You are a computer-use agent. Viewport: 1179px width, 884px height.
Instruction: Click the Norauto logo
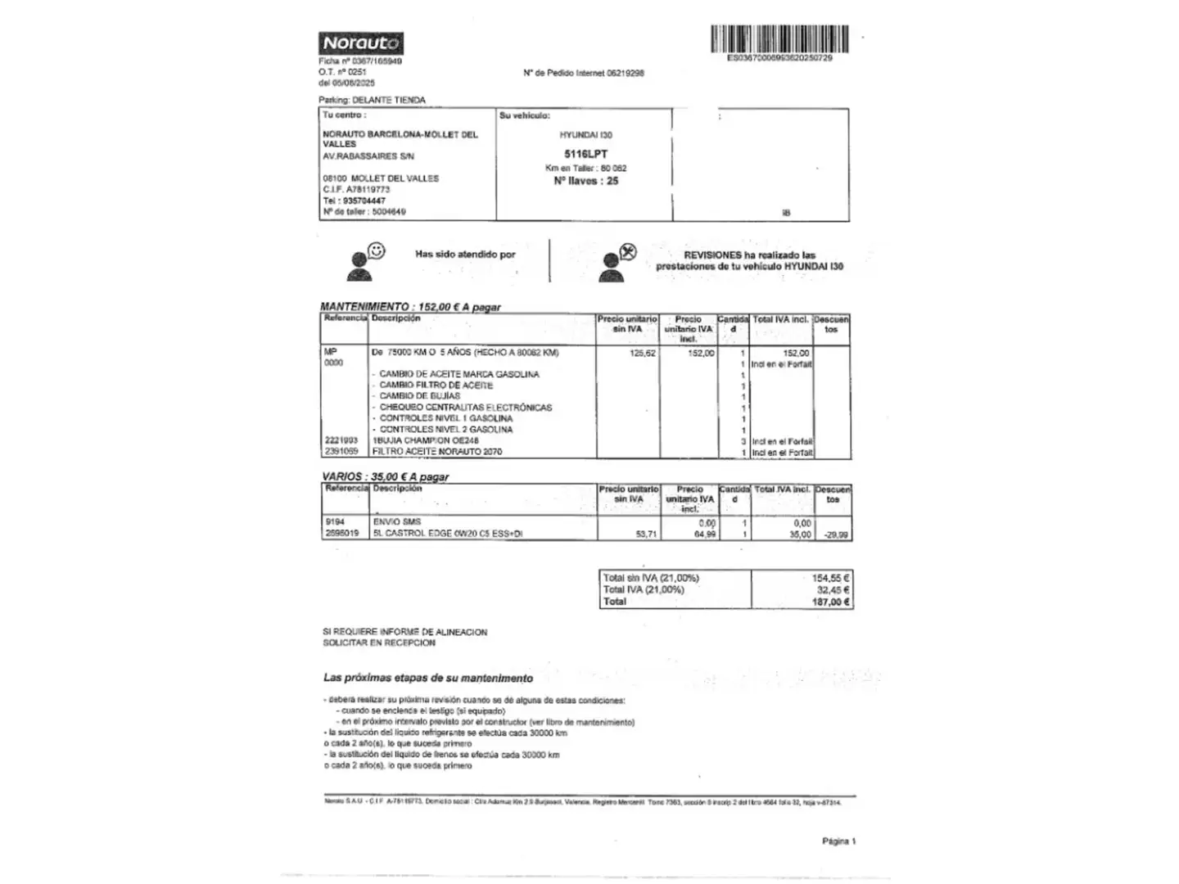[x=360, y=43]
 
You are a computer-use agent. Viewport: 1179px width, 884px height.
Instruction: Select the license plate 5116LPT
[x=585, y=154]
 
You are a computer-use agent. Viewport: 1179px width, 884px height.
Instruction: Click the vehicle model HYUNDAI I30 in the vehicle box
[x=585, y=135]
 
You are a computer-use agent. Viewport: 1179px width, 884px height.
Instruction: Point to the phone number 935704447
[x=364, y=201]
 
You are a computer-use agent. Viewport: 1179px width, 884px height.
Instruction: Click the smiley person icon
[x=366, y=260]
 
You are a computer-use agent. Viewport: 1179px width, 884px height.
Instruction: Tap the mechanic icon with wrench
[x=617, y=261]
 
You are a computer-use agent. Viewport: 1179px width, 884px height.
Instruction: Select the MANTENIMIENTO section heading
[x=410, y=307]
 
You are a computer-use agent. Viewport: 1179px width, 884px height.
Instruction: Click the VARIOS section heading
[x=385, y=476]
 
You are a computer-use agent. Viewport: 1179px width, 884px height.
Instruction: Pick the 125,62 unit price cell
[x=643, y=354]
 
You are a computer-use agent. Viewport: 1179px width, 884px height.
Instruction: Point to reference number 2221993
[x=341, y=440]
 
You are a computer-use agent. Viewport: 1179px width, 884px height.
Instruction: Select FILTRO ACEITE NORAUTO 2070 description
[x=437, y=452]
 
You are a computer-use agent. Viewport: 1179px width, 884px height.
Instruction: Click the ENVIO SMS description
[x=397, y=521]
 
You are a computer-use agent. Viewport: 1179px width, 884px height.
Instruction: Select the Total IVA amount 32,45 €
[x=833, y=589]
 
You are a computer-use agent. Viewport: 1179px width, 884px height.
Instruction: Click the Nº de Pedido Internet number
[x=626, y=73]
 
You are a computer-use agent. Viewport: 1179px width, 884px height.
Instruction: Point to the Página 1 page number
[x=839, y=841]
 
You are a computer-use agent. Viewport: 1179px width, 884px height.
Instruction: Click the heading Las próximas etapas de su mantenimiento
[x=428, y=678]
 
